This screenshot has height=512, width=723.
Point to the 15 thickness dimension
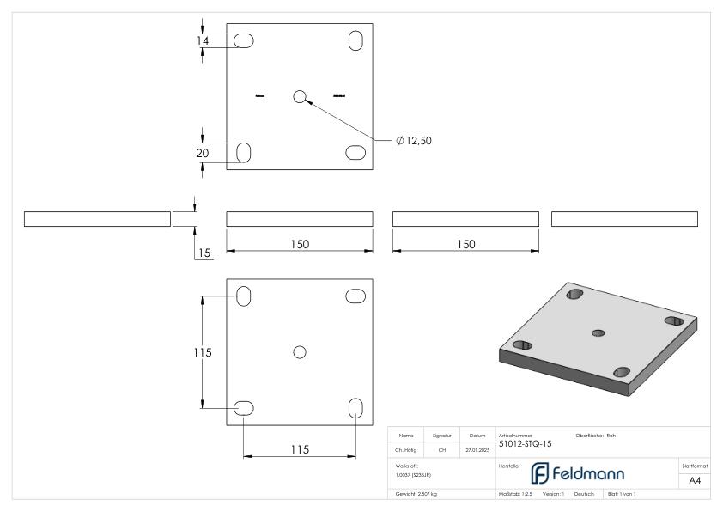(204, 253)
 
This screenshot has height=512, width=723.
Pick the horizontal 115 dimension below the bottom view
(299, 448)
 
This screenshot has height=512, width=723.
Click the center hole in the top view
(299, 96)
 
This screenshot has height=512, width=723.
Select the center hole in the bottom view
(299, 351)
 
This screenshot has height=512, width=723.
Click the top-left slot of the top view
(244, 40)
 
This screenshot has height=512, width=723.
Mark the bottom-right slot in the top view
(355, 152)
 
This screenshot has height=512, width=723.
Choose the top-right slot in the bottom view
(355, 296)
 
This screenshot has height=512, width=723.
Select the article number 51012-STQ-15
(525, 444)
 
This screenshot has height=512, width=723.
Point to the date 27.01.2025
(476, 448)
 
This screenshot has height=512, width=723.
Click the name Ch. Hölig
(405, 448)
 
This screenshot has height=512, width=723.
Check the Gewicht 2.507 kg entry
(416, 494)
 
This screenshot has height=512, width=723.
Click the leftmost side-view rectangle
(97, 218)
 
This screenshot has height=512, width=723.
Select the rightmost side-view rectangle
(624, 218)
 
